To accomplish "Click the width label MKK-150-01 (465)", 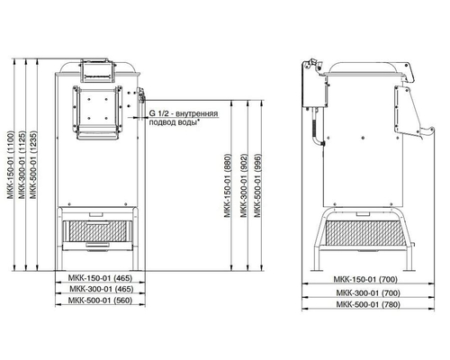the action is pos(100,278).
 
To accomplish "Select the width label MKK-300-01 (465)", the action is pos(102,289).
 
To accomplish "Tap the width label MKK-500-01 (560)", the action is pos(100,301).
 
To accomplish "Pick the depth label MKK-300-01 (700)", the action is pos(368,292).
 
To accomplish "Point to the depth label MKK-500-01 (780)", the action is pos(368,304).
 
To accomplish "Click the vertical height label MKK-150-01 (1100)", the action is pos(11,165).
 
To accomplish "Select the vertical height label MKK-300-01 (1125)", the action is pos(22,165).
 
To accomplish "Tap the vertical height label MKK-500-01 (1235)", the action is pos(33,165).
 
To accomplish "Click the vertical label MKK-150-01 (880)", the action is pos(228,185).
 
